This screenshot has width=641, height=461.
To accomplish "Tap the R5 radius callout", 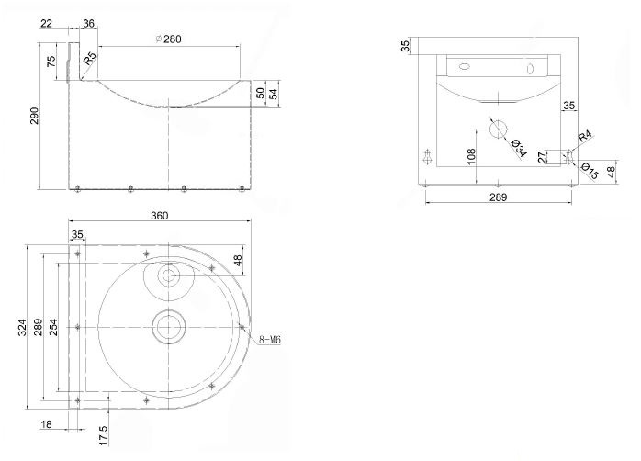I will (89, 61).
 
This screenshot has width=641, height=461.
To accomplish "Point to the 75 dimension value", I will (51, 62).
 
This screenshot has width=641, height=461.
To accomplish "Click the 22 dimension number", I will (46, 24).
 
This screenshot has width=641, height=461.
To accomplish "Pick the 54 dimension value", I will (274, 95).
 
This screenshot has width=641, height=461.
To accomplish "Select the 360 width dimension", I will (159, 216).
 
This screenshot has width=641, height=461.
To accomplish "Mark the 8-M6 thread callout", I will (270, 340).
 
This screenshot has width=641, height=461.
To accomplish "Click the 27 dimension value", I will (541, 156).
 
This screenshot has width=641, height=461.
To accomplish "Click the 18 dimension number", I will (47, 424).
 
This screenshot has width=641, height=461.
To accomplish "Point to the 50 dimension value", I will (260, 93).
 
